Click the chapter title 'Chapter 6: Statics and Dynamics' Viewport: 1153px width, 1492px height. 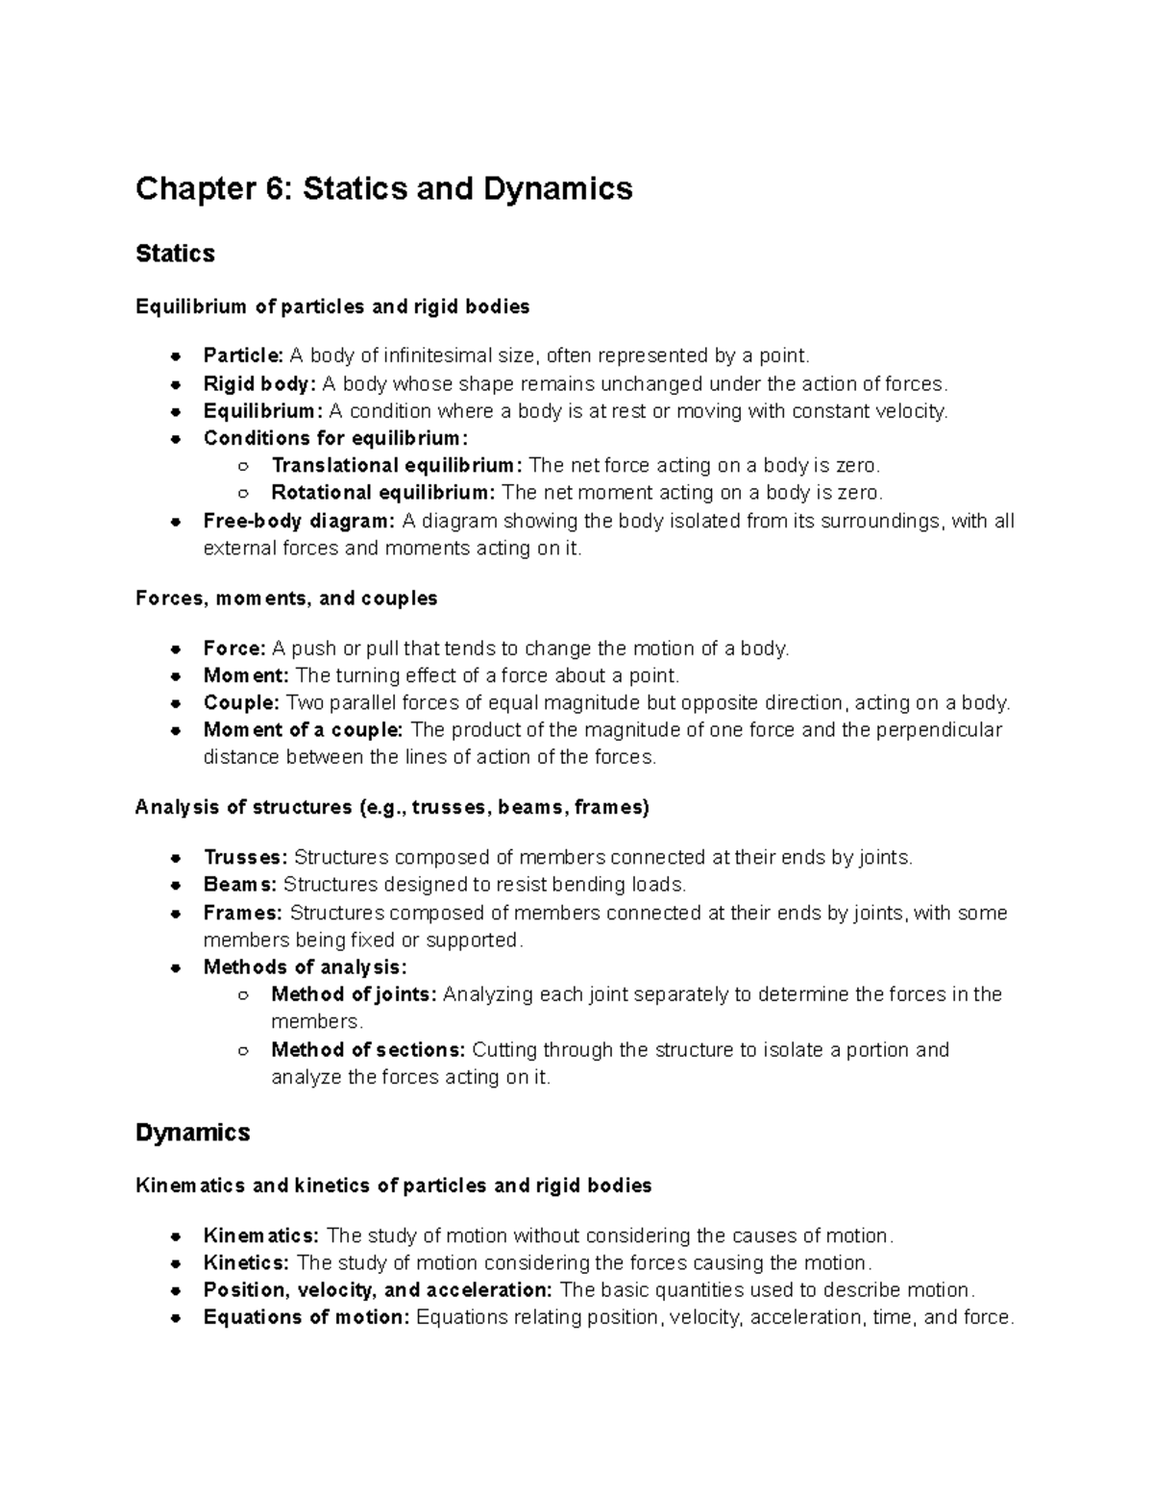[x=383, y=188]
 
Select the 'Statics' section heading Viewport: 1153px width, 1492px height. [x=175, y=254]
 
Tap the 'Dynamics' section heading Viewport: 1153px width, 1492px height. [x=192, y=1133]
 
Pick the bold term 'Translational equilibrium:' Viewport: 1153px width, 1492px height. [x=397, y=466]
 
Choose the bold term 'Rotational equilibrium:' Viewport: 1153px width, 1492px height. [x=383, y=493]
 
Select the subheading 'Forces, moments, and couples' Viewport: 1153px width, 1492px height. [x=286, y=599]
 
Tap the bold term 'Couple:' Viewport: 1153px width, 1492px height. [x=241, y=703]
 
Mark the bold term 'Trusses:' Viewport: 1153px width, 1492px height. [x=245, y=857]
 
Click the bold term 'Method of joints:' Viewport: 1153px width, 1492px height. [x=354, y=994]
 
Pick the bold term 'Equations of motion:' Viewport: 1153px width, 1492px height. [x=307, y=1318]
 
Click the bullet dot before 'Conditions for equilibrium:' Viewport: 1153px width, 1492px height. [x=176, y=439]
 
